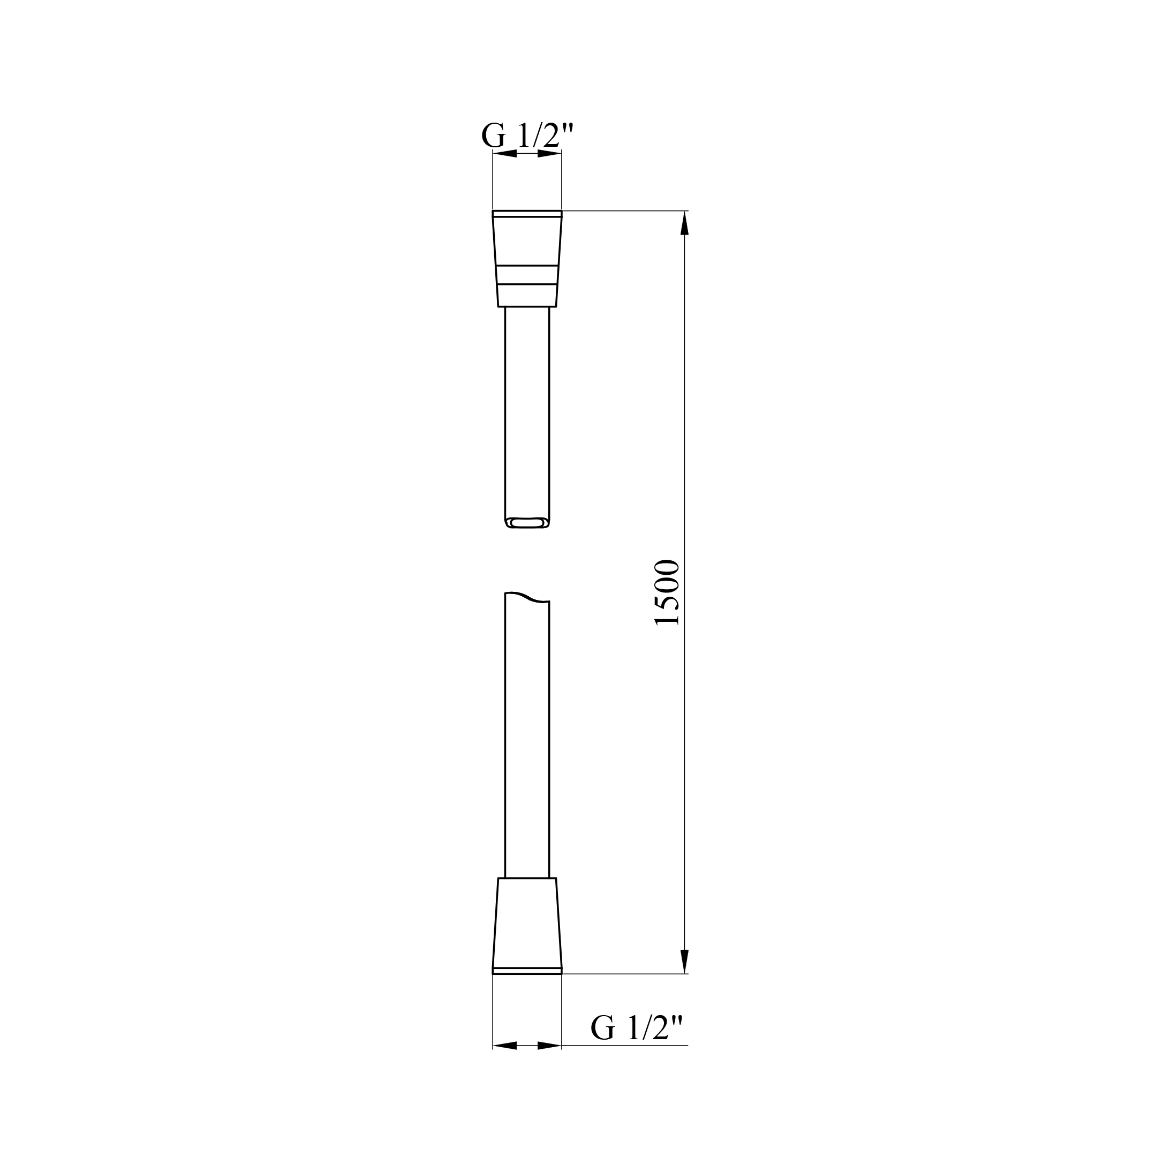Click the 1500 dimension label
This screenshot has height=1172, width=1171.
[x=668, y=592]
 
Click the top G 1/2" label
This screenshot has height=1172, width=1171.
[x=526, y=136]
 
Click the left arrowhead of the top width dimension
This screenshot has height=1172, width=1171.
[x=504, y=154]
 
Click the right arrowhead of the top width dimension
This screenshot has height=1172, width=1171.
[x=549, y=154]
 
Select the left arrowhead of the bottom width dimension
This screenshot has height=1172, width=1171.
[x=504, y=1046]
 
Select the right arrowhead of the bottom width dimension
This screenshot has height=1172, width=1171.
[x=549, y=1046]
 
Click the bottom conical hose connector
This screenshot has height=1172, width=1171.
[x=527, y=928]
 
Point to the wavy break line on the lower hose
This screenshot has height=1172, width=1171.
[x=527, y=597]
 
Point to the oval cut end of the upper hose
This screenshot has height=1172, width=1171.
[x=527, y=522]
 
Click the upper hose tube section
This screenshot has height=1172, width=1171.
[x=527, y=412]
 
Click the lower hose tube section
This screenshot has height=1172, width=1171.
[x=527, y=740]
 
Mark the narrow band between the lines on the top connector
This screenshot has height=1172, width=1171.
[x=527, y=274]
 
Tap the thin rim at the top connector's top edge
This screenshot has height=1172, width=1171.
[x=527, y=214]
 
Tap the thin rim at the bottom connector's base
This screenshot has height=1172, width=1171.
[x=527, y=971]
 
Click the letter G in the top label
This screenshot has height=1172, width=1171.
[x=493, y=137]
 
